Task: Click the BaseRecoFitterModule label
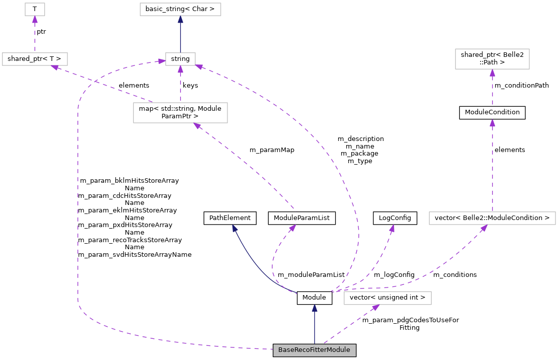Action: [x=314, y=350]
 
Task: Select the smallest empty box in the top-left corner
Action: [x=35, y=9]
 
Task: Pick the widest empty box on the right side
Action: [x=492, y=218]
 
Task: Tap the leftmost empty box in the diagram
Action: [x=35, y=59]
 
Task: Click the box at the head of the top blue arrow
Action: [x=180, y=9]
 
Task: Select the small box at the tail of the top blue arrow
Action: [x=180, y=59]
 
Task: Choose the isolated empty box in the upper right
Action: [x=492, y=59]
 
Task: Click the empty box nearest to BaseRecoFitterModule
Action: [x=387, y=298]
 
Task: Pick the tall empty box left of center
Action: [x=180, y=113]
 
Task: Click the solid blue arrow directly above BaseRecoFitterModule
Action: [x=314, y=325]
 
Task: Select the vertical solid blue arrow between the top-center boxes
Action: [x=180, y=35]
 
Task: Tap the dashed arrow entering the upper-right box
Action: [x=492, y=88]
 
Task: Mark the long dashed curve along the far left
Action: [x=78, y=201]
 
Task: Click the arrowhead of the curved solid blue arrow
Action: [x=234, y=228]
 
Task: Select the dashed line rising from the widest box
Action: [x=492, y=166]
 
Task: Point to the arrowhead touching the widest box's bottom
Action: [x=484, y=228]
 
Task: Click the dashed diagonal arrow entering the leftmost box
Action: [x=101, y=83]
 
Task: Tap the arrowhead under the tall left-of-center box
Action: [x=198, y=126]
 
